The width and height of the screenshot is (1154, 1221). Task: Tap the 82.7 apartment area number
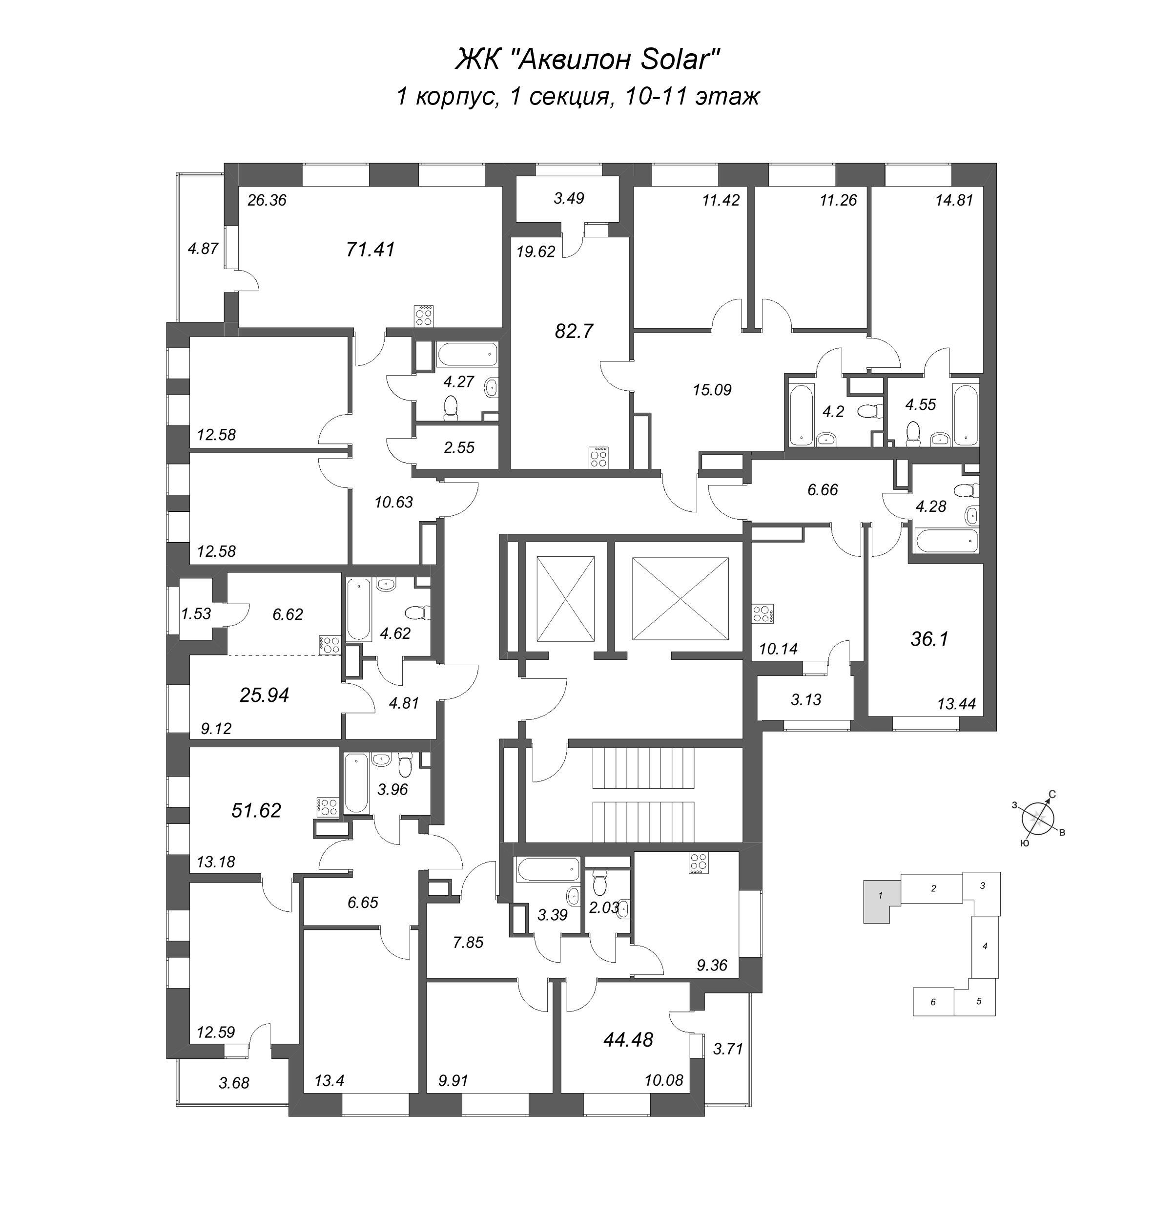pyautogui.click(x=573, y=332)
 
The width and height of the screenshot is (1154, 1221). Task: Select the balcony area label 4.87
pyautogui.click(x=203, y=249)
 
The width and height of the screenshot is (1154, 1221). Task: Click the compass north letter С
pyautogui.click(x=1052, y=795)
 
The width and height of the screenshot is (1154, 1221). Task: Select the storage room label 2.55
pyautogui.click(x=459, y=447)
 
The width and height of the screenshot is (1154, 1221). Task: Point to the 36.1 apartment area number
pyautogui.click(x=929, y=639)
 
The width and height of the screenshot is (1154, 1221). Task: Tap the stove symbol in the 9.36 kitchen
pyautogui.click(x=698, y=863)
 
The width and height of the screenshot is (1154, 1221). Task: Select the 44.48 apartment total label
pyautogui.click(x=628, y=1040)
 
